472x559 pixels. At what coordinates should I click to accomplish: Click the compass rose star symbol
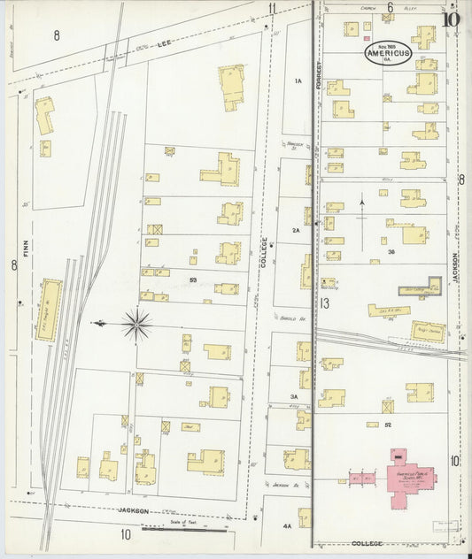tap(136, 325)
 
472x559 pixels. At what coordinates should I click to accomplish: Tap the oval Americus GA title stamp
tap(386, 53)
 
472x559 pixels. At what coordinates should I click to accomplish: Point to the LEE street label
tap(163, 42)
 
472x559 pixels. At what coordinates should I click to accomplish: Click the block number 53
tap(192, 280)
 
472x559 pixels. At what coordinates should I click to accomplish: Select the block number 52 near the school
tap(388, 425)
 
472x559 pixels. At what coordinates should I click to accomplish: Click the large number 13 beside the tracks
tap(326, 303)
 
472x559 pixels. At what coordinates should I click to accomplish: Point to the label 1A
tap(298, 81)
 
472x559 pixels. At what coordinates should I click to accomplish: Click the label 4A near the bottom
tap(287, 527)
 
